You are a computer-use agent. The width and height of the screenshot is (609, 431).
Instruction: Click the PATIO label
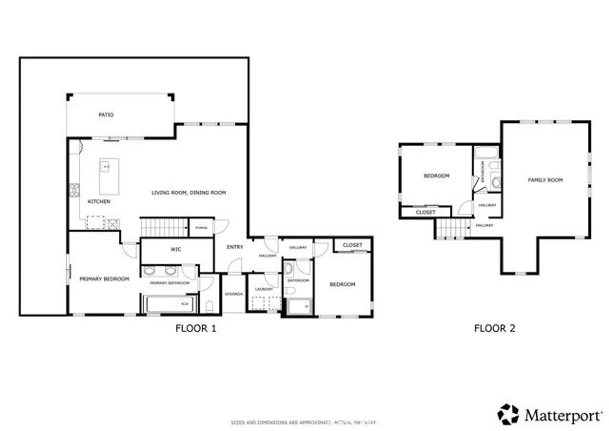(106, 115)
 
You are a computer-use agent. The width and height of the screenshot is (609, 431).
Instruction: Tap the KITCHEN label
(99, 201)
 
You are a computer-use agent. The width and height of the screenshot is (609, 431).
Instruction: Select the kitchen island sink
(105, 167)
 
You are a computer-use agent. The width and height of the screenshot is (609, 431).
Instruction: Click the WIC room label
(176, 249)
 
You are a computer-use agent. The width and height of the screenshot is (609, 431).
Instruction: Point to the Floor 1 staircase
(164, 228)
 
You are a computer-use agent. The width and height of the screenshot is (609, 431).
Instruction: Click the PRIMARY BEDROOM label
(104, 279)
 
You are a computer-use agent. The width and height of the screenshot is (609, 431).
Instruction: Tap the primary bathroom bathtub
(170, 304)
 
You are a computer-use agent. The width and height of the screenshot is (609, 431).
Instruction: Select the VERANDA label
(234, 294)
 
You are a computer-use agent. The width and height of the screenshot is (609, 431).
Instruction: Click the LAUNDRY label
(264, 289)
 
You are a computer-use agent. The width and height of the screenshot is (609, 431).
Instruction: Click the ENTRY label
(235, 247)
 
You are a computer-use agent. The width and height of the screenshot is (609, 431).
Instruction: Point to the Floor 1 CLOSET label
(352, 245)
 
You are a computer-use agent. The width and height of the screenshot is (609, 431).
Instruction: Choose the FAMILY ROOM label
(545, 180)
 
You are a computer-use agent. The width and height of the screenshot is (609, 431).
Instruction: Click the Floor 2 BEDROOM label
(436, 176)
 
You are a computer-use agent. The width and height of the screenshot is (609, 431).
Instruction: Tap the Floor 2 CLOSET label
(425, 212)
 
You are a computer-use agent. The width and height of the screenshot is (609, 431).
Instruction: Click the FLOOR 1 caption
(196, 328)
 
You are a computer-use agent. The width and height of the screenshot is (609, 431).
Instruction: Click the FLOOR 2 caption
(495, 328)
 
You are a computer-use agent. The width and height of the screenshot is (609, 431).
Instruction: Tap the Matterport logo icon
(508, 414)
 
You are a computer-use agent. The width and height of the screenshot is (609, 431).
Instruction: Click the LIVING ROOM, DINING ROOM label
(188, 192)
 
